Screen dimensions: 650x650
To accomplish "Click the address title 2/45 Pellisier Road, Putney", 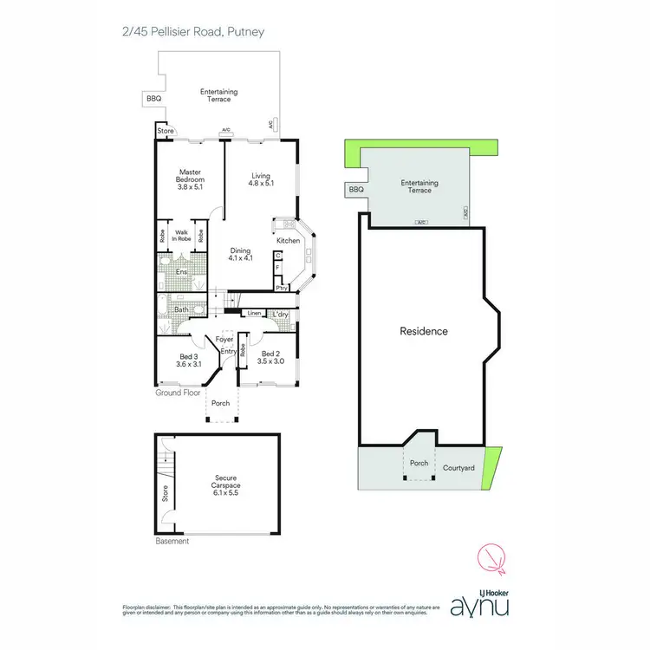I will [x=192, y=32].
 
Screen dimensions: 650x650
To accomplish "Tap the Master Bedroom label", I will [x=190, y=179].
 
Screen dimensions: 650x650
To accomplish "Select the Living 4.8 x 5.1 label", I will [x=262, y=179].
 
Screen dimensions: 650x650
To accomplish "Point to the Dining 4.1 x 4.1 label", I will [x=240, y=255].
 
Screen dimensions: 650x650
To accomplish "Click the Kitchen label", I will [x=288, y=240].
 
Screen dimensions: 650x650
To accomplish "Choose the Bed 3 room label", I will [x=189, y=359].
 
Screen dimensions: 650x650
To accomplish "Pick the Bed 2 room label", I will [x=271, y=357].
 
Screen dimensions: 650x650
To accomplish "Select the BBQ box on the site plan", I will [x=355, y=189].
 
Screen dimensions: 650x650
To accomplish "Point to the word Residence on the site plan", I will [x=424, y=331].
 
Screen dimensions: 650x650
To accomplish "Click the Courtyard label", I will [x=458, y=468].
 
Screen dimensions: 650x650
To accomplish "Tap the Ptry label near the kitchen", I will [x=281, y=288].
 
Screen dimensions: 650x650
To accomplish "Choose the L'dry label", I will [x=281, y=314].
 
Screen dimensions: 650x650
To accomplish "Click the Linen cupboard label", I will [x=254, y=313].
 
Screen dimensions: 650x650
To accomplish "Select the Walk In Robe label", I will [x=182, y=235].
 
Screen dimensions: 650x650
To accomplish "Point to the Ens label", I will [x=181, y=272].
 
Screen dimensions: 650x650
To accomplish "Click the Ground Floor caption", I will [x=179, y=393].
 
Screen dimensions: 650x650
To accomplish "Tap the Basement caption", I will [x=172, y=542].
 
